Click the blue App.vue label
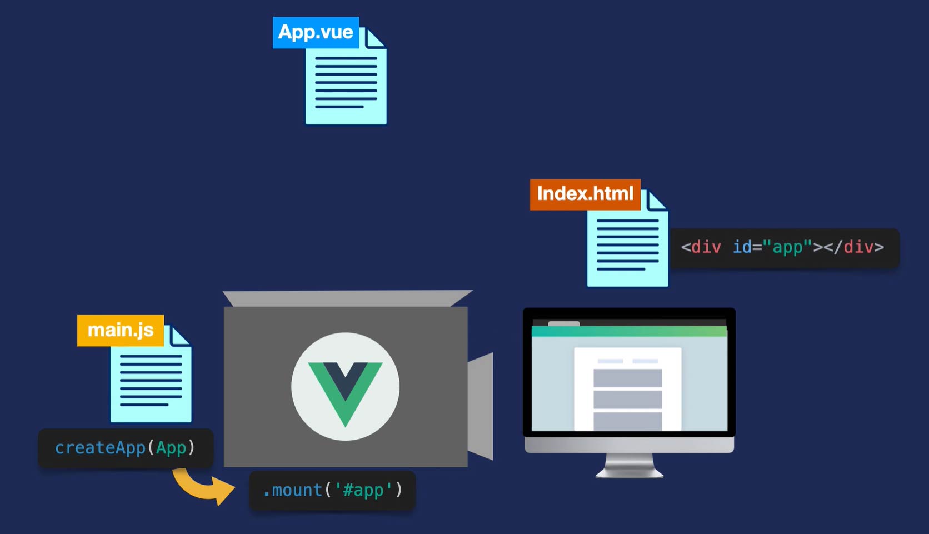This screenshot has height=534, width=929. click(x=316, y=32)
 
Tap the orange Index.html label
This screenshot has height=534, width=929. click(x=585, y=194)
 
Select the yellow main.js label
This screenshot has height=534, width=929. click(x=121, y=330)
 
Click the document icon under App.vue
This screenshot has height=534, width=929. click(x=346, y=83)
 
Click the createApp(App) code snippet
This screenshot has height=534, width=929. click(x=126, y=447)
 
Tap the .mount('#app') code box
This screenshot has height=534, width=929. click(x=332, y=490)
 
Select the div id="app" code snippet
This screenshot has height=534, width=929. click(x=783, y=247)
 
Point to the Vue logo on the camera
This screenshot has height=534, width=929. click(x=345, y=386)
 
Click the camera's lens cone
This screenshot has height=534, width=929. click(x=481, y=406)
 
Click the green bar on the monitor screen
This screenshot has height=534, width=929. click(x=629, y=331)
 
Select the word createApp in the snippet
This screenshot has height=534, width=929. click(x=100, y=447)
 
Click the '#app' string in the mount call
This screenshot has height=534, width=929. click(x=363, y=490)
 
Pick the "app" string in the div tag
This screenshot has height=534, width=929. click(x=788, y=247)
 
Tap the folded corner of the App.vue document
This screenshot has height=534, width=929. click(x=376, y=38)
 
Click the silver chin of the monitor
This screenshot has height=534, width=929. click(x=630, y=445)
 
